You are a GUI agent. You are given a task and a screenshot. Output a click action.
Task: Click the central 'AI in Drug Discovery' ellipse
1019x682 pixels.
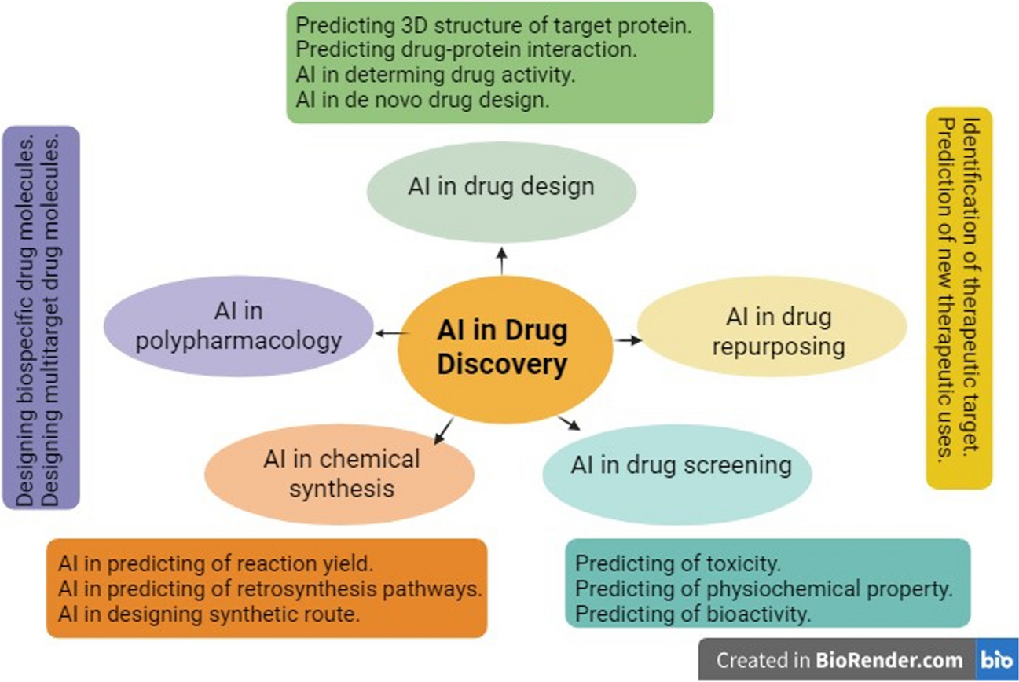pyautogui.click(x=504, y=348)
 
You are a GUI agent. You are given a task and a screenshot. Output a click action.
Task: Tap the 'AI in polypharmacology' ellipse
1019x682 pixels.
pyautogui.click(x=239, y=326)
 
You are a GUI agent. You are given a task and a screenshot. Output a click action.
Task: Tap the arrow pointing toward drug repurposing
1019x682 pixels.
pyautogui.click(x=628, y=340)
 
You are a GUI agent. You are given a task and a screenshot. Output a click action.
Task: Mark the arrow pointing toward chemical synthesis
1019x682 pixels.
pyautogui.click(x=443, y=430)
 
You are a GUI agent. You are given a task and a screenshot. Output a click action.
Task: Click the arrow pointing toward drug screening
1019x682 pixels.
pyautogui.click(x=569, y=423)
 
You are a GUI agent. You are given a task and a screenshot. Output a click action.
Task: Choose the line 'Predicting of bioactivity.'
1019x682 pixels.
pyautogui.click(x=693, y=614)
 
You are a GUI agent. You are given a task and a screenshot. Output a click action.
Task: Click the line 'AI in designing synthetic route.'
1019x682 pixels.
pyautogui.click(x=208, y=614)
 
